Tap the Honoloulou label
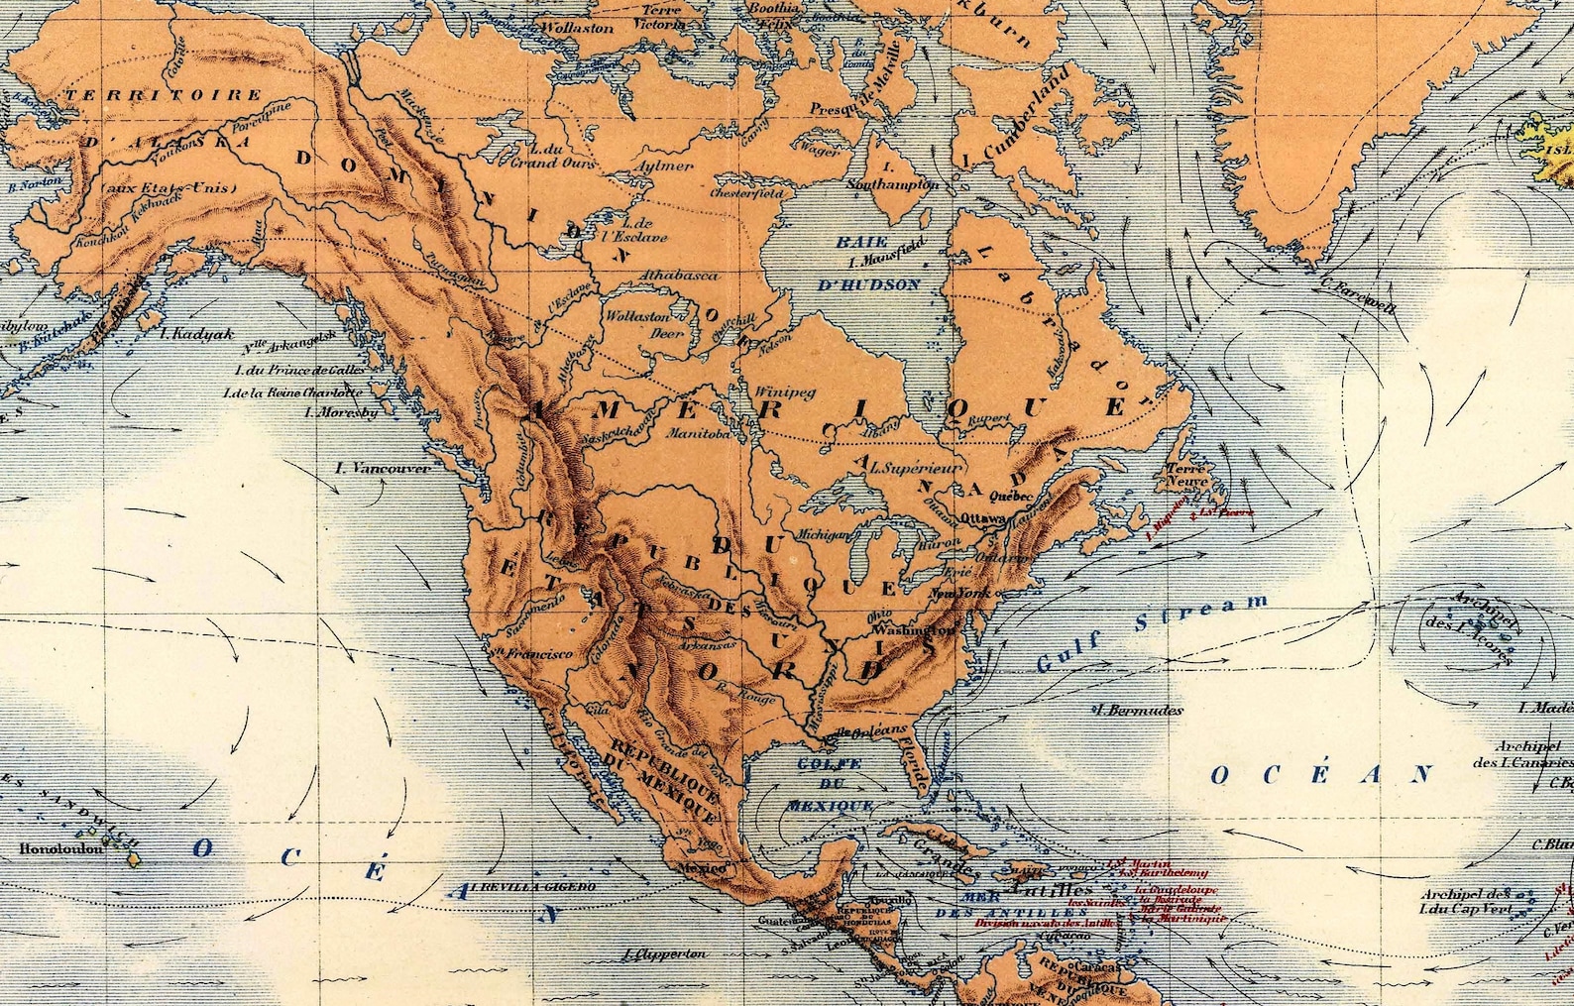[59, 849]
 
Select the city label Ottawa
[981, 517]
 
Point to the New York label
[960, 594]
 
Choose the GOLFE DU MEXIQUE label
[831, 784]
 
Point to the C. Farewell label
[1358, 294]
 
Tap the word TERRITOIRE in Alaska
[164, 95]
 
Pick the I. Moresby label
[341, 411]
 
